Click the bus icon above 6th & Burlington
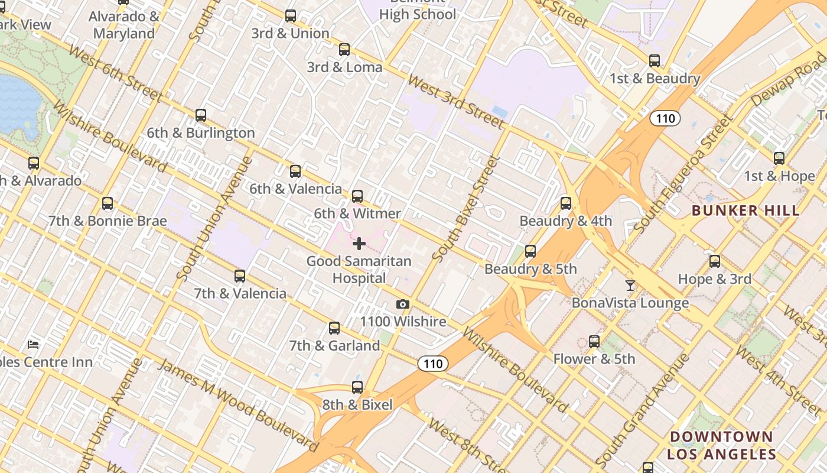pyautogui.click(x=201, y=115)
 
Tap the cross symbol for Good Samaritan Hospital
pyautogui.click(x=359, y=243)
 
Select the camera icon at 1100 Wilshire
pyautogui.click(x=403, y=304)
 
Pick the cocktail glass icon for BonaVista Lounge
pyautogui.click(x=630, y=286)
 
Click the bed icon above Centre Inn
pyautogui.click(x=34, y=344)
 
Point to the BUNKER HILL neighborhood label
pyautogui.click(x=745, y=210)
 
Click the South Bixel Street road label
pyautogui.click(x=466, y=208)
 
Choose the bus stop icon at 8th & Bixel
pyautogui.click(x=357, y=387)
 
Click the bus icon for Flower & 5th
pyautogui.click(x=594, y=341)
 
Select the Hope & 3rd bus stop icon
pyautogui.click(x=715, y=261)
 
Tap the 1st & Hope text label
pyautogui.click(x=779, y=176)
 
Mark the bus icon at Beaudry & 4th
pyautogui.click(x=566, y=203)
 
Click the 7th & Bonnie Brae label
pyautogui.click(x=108, y=221)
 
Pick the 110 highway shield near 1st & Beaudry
pyautogui.click(x=665, y=118)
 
